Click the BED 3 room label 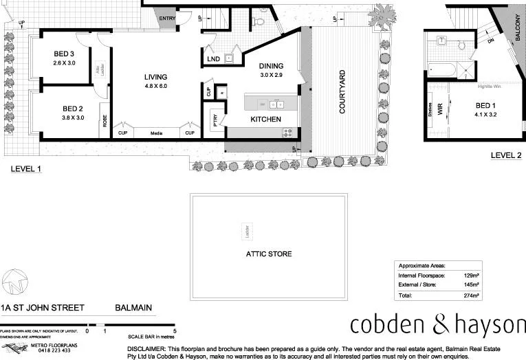tap(63, 54)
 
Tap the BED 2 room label tap(72, 109)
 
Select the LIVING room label tap(155, 77)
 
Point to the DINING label tap(270, 67)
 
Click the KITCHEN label tap(265, 120)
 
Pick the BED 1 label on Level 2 tap(485, 105)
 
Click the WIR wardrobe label tap(441, 108)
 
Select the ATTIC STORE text tap(269, 254)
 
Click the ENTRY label tap(166, 19)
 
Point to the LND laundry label tap(214, 60)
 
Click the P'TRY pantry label tap(215, 117)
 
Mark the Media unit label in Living tap(156, 133)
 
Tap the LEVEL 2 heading tap(506, 155)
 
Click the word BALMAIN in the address tap(133, 308)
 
